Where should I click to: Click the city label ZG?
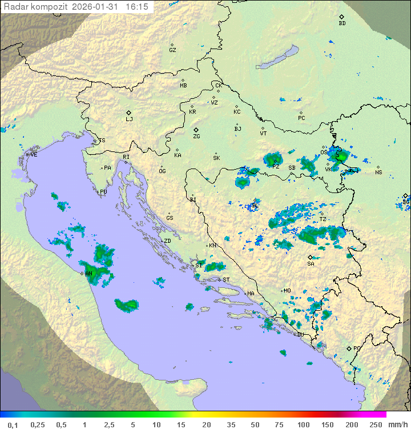[x=196, y=137]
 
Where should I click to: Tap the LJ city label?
[x=129, y=119]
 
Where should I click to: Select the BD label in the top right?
[x=342, y=23]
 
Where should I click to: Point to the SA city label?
[x=311, y=263]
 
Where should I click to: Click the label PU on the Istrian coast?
[x=103, y=192]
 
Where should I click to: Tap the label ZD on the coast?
[x=167, y=241]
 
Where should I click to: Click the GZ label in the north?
[x=172, y=50]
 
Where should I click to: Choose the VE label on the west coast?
[x=34, y=155]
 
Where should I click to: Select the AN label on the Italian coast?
[x=89, y=274]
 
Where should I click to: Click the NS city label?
[x=378, y=172]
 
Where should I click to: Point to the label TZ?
[x=323, y=219]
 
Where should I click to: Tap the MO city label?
[x=287, y=290]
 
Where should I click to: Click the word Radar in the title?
[x=15, y=7]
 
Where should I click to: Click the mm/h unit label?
[x=397, y=424]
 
